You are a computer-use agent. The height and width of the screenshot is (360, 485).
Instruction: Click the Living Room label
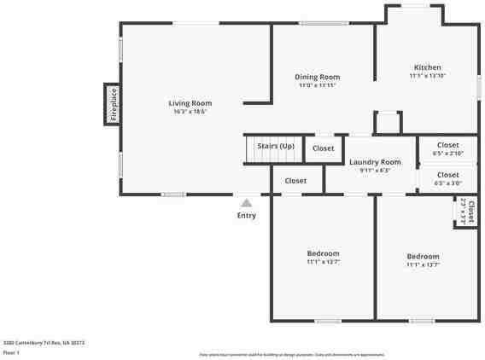pos(190,103)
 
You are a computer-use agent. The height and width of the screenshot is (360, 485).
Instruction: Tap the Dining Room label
pos(318,77)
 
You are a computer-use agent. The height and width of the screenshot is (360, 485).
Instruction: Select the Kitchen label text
pos(427,67)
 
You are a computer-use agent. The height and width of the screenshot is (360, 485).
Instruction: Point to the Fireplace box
pos(113,104)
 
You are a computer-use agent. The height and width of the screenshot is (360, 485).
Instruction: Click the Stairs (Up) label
pos(276,146)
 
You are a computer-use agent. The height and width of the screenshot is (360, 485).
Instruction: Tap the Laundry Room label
pos(375,162)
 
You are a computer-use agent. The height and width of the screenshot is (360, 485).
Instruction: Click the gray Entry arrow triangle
pos(246,203)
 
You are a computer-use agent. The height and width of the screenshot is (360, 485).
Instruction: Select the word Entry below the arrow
pos(246,216)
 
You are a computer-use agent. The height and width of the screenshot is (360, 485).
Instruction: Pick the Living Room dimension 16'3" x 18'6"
pos(190,112)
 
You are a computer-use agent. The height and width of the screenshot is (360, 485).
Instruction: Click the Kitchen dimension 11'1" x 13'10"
pos(427,76)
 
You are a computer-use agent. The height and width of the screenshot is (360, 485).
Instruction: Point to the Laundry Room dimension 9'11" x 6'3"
pos(375,171)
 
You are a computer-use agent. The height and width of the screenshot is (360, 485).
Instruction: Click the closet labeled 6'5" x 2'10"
pos(447,149)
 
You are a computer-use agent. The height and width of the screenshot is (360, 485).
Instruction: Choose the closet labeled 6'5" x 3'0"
pos(447,179)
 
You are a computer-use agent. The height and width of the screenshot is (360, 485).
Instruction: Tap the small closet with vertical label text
pos(466,212)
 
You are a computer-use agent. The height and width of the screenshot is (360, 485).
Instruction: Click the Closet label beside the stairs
pos(324,148)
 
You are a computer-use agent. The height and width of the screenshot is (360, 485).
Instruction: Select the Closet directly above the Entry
pos(295,181)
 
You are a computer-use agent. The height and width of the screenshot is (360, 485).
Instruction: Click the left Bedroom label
pos(323,253)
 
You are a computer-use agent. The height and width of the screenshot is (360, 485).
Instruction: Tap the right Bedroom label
pos(423,257)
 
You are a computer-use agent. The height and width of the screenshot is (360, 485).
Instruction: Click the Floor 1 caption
pos(11,351)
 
